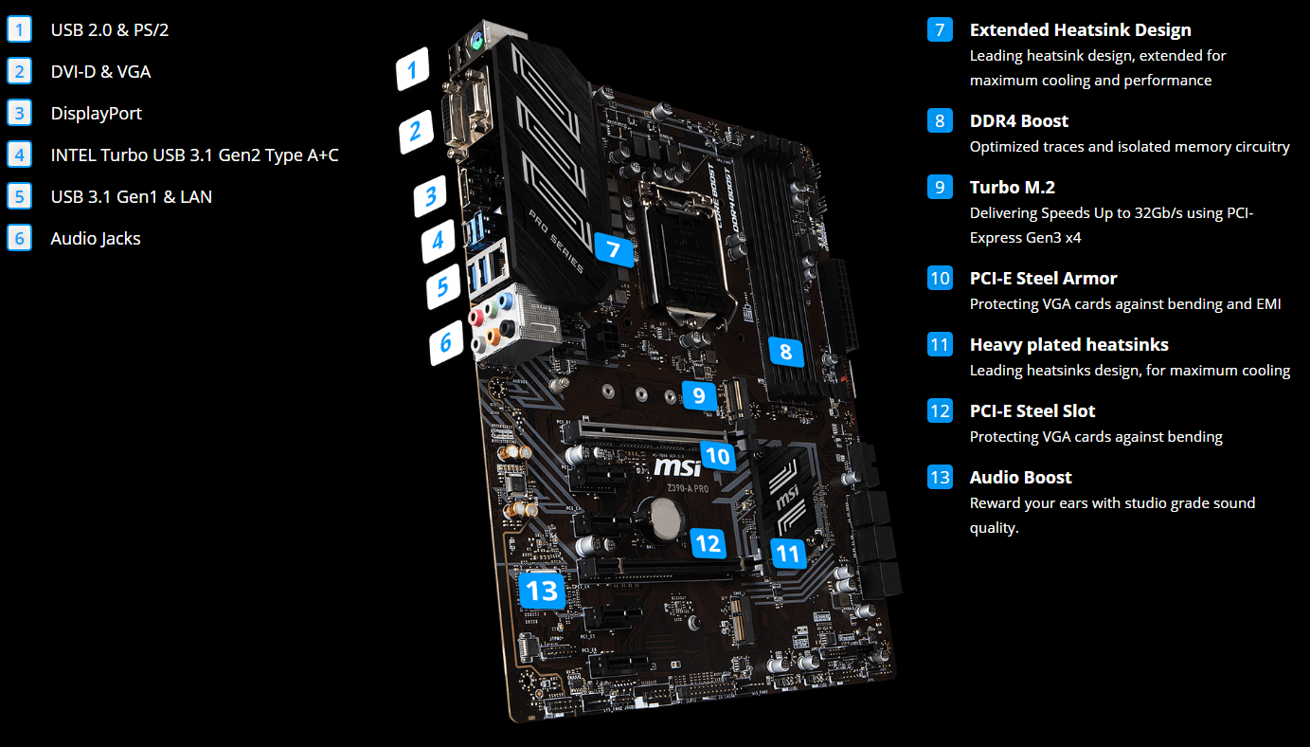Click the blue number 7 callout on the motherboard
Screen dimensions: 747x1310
click(613, 249)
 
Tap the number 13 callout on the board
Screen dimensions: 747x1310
click(543, 591)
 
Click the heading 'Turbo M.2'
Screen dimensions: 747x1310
click(1012, 187)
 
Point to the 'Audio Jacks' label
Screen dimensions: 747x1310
click(96, 238)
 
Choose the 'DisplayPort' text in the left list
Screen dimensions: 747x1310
click(97, 113)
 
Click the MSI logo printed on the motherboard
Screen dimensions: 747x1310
click(678, 466)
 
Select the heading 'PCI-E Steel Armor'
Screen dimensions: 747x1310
click(1043, 278)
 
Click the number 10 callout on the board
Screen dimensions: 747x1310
click(718, 456)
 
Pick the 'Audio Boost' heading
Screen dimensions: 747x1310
click(1020, 477)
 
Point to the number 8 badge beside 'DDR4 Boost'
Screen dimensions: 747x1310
click(939, 120)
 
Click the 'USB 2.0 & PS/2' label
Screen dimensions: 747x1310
click(110, 29)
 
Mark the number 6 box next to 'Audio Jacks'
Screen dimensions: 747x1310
click(19, 238)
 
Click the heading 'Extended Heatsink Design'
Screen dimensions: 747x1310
click(1080, 29)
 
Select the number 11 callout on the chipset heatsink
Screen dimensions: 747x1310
click(788, 552)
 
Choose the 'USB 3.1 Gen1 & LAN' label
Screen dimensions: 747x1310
click(132, 196)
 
